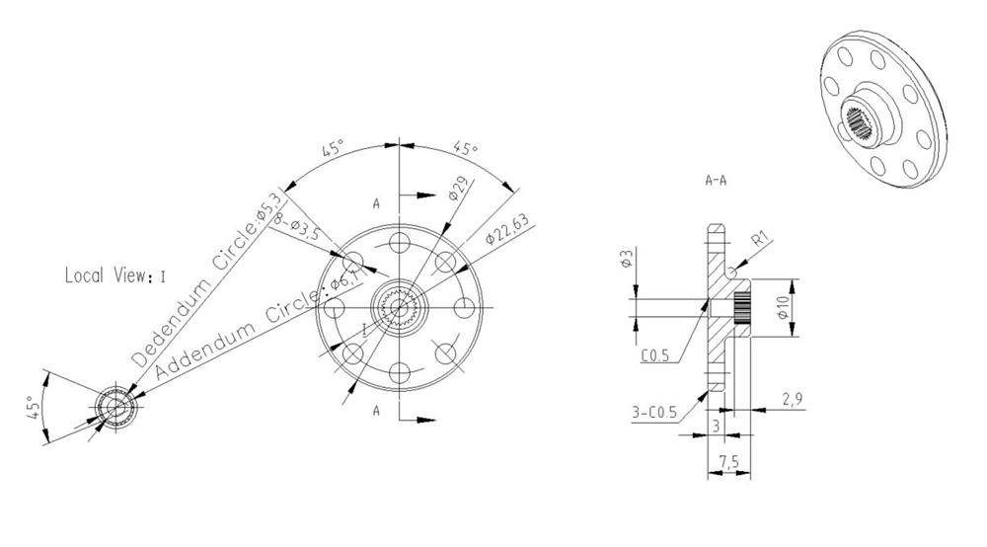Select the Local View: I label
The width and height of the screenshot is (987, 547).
pos(114,275)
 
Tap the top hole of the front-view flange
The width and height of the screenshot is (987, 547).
pos(399,243)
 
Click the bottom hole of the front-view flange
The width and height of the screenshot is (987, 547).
pos(399,372)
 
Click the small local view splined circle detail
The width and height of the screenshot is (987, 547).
pos(116,407)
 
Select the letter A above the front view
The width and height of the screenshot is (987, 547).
pos(376,203)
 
